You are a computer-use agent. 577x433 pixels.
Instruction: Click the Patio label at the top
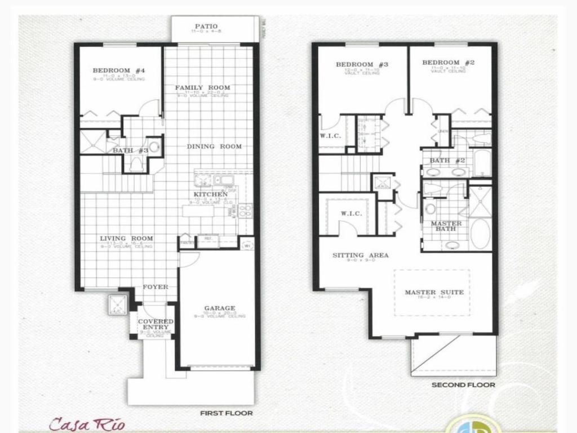206,26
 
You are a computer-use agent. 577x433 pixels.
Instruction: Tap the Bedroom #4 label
119,70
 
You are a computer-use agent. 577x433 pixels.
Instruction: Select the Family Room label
202,87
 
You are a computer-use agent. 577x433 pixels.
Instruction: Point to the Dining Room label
214,147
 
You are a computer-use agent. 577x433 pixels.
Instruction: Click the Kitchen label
211,195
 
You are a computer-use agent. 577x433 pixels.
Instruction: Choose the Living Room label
127,238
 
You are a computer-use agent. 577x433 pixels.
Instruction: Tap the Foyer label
156,287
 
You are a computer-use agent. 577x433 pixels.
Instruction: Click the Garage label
220,308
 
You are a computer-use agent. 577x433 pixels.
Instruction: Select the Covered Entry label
156,324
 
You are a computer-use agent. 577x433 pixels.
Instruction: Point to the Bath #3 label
130,151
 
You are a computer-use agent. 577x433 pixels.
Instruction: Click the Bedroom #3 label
362,64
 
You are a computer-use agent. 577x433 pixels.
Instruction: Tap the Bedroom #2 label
449,63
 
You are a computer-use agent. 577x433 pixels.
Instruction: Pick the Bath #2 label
447,161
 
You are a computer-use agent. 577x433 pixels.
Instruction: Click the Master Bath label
446,226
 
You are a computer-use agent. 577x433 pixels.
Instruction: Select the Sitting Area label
360,255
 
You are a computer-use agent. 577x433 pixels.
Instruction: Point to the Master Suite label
434,292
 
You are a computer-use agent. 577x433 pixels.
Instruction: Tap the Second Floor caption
463,385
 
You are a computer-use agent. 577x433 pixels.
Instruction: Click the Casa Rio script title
87,423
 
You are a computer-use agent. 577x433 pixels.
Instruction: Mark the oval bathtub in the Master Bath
480,234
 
